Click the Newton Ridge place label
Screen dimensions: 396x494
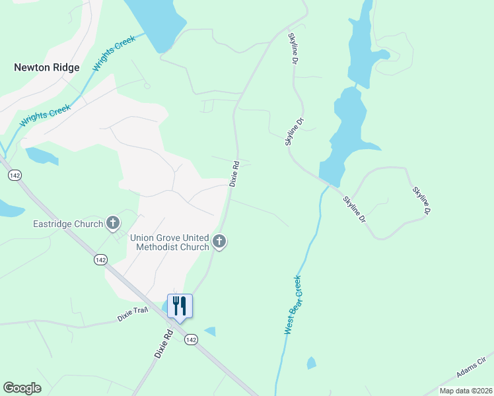47,67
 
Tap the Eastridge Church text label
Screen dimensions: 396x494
68,224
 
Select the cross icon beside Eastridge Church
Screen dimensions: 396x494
113,224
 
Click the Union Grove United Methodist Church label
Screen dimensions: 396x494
169,242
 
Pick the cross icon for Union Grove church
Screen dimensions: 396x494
220,242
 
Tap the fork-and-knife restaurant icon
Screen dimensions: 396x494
179,306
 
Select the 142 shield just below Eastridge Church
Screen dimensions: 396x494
100,259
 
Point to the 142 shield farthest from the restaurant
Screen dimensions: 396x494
14,175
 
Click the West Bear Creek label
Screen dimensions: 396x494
293,304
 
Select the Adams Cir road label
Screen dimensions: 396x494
471,368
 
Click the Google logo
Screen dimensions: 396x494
22,388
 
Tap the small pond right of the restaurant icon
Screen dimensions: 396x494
210,331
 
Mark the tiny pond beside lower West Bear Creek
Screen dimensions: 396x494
311,363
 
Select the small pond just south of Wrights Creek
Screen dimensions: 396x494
41,156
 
